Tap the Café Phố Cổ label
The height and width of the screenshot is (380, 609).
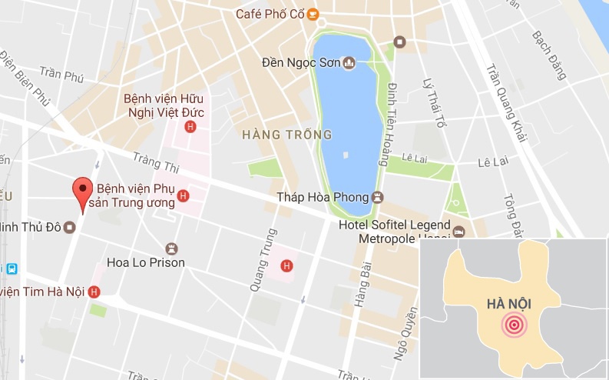coord(268,14)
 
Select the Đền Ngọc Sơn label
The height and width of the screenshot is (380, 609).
coord(300,62)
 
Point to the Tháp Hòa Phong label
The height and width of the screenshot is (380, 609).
coord(322,197)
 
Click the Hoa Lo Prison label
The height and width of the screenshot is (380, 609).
coord(146,262)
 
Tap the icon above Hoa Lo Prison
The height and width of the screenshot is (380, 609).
coord(171,248)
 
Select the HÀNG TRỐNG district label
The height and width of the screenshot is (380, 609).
coord(286,135)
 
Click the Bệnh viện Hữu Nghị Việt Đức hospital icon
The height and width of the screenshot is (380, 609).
coord(190,127)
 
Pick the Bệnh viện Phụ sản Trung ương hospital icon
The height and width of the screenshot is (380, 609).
coord(183,197)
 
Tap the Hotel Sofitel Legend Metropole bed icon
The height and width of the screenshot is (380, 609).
coord(458,232)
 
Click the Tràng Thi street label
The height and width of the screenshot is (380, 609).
coord(155,162)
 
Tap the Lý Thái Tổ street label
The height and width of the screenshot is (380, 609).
coord(434,102)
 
